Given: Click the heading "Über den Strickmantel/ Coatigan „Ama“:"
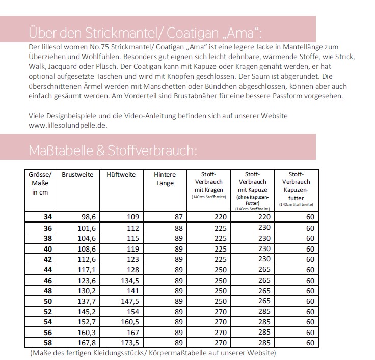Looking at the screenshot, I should click(x=145, y=33).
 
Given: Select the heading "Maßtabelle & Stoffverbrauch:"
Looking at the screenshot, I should click(x=111, y=150).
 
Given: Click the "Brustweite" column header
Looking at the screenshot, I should click(x=77, y=175).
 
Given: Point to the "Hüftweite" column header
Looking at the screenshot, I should click(x=121, y=175).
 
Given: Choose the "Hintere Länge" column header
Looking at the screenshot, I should click(x=165, y=178).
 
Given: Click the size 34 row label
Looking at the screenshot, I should click(x=48, y=217).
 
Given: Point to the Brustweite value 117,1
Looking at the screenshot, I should click(x=84, y=269).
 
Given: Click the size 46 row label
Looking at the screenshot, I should click(x=48, y=280).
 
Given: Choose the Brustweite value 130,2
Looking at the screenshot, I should click(x=84, y=290).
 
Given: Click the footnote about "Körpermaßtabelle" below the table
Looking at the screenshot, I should click(x=153, y=352).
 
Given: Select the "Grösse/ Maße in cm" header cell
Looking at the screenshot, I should click(x=39, y=183).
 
